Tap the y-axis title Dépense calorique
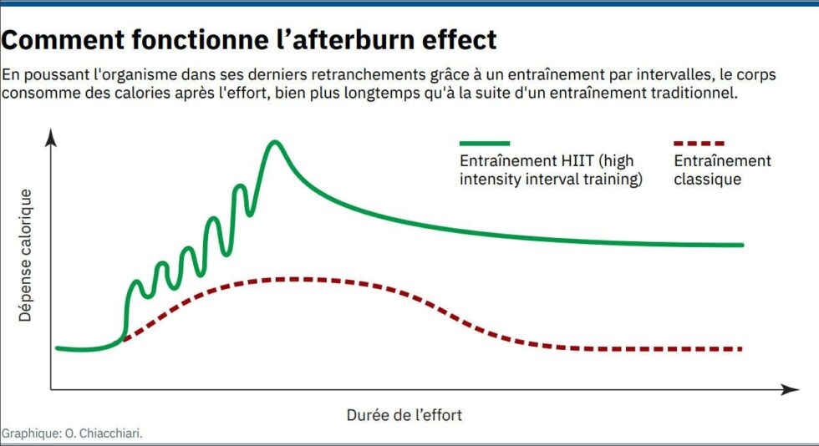[x=25, y=256]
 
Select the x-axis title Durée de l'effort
[x=404, y=414]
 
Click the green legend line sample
[x=484, y=144]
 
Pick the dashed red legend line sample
[x=699, y=144]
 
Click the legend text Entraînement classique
[x=722, y=170]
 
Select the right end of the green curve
[x=741, y=245]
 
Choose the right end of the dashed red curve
[x=740, y=348]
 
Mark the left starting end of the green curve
[x=57, y=348]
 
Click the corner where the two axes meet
[x=51, y=389]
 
